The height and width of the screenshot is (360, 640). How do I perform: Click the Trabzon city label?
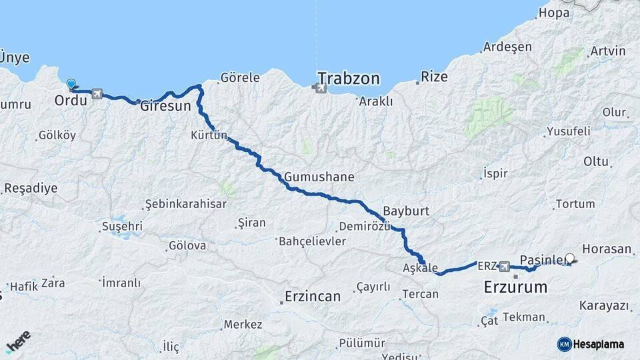pyautogui.click(x=348, y=79)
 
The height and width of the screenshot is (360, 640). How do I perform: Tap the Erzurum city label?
pyautogui.click(x=515, y=288)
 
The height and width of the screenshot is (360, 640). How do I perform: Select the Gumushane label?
pyautogui.click(x=319, y=177)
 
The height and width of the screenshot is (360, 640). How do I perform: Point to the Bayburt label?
pyautogui.click(x=405, y=211)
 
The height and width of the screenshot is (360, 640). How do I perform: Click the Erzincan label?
pyautogui.click(x=312, y=296)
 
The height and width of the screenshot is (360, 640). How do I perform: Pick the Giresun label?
pyautogui.click(x=165, y=106)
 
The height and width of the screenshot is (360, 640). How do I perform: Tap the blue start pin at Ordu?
pyautogui.click(x=71, y=85)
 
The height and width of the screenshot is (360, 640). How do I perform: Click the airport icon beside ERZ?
pyautogui.click(x=505, y=267)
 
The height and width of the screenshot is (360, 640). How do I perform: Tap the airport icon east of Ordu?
pyautogui.click(x=98, y=94)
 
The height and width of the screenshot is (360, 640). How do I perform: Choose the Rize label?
pyautogui.click(x=435, y=77)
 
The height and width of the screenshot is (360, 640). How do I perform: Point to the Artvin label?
pyautogui.click(x=607, y=51)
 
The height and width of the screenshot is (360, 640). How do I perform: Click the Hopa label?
pyautogui.click(x=554, y=13)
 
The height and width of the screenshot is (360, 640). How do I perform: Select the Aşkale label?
pyautogui.click(x=420, y=267)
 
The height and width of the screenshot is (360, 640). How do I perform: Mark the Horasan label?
pyautogui.click(x=606, y=249)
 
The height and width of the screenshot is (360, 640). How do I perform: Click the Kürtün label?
pyautogui.click(x=209, y=136)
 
